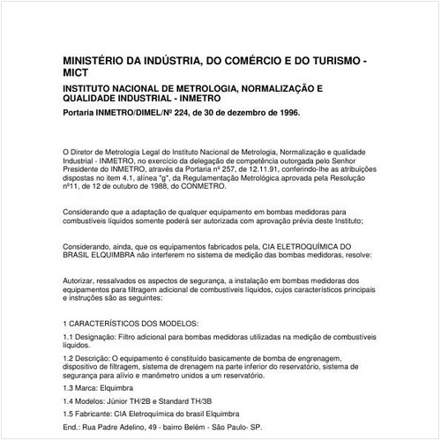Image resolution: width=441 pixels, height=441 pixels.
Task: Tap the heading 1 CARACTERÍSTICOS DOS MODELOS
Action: pyautogui.click(x=131, y=325)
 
